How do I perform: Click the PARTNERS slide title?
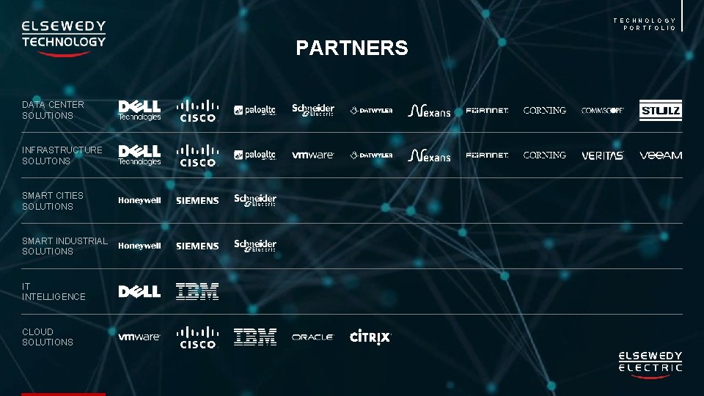pos(352,48)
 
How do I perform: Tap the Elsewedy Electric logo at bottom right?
pos(650,364)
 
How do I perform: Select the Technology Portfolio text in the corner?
pos(645,24)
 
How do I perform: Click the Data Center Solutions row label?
pos(53,110)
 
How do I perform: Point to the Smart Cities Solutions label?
pos(53,201)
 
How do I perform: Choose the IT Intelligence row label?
pos(54,291)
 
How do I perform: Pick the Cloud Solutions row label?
pos(48,337)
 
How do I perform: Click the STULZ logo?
pos(660,111)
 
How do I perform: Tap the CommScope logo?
pos(603,111)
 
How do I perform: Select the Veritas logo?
pos(603,155)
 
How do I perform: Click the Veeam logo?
pos(661,155)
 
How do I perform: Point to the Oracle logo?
pos(313,337)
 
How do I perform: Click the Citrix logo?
pos(370,337)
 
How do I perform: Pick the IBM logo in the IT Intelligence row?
pos(197,291)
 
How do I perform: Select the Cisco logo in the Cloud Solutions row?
pos(197,337)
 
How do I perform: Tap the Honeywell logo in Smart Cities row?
pos(139,201)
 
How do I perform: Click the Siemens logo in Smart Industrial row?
pos(197,246)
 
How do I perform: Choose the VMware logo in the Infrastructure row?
pos(313,155)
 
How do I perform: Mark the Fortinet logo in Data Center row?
pos(487,111)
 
